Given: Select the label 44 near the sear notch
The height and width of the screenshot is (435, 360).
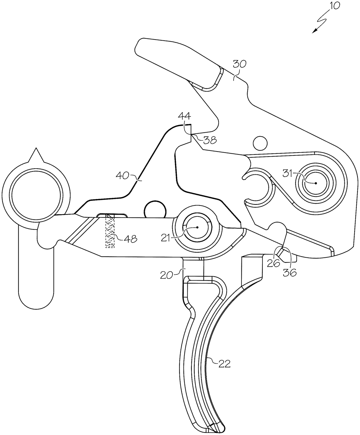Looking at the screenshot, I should pos(184,117).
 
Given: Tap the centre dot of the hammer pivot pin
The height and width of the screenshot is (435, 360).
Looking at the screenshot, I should pos(315,183).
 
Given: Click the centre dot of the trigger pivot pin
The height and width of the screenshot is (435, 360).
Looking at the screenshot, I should pos(197,228).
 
